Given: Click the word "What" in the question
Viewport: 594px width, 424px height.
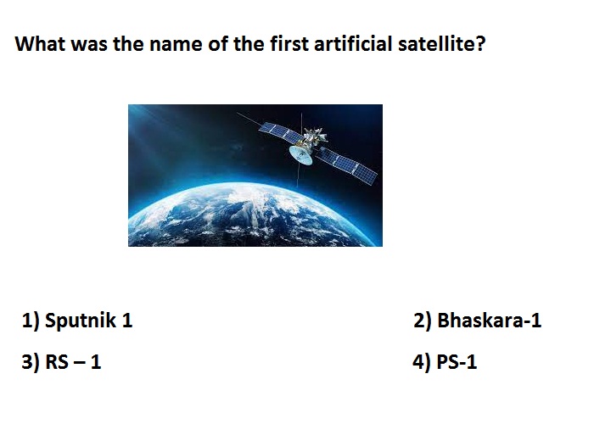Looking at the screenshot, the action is click(40, 43).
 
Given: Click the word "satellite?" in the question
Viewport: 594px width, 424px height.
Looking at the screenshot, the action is click(441, 43).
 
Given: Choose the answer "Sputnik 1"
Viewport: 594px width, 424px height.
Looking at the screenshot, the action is click(88, 321).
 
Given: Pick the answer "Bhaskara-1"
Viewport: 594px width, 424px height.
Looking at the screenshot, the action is click(489, 321).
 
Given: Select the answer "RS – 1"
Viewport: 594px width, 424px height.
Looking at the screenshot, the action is click(73, 361).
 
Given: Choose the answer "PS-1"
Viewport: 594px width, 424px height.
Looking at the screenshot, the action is click(457, 361).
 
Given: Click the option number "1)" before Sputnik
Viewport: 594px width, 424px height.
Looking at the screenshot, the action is click(31, 321).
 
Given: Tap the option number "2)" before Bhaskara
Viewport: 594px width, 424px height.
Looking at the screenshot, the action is click(423, 321).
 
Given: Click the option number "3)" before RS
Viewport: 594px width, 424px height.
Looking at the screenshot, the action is click(31, 362).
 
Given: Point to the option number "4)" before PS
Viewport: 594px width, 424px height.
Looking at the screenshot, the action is click(422, 362).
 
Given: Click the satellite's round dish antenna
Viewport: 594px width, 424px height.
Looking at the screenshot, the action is click(300, 155).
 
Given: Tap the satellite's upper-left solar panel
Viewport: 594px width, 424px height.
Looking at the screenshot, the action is click(281, 130).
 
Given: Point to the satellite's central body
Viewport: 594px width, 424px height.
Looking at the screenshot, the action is click(313, 139).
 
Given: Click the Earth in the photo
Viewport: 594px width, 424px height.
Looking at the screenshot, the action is click(254, 215).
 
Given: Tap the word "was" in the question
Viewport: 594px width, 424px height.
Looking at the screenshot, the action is click(89, 45).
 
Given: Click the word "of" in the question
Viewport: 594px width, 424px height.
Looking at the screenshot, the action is click(218, 43).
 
